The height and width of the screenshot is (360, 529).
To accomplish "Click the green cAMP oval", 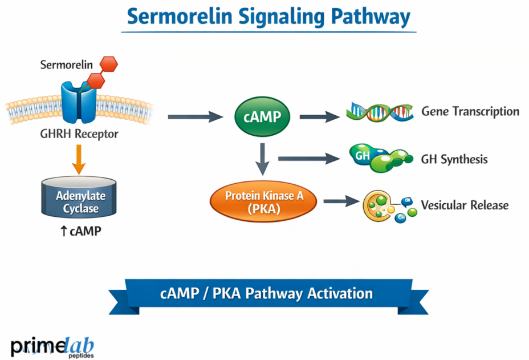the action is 262,118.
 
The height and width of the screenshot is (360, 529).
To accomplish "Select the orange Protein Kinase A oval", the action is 264,201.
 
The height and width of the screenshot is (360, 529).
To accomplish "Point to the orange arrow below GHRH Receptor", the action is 79,159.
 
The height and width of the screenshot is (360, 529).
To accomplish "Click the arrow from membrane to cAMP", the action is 194,117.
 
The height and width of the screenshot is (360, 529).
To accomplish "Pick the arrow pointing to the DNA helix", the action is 319,117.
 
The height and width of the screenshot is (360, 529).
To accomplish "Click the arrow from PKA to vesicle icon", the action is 340,201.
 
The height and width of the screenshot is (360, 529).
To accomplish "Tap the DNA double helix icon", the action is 380,112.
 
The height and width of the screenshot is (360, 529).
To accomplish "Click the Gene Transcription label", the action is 470,111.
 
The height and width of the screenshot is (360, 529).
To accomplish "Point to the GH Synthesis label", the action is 454,159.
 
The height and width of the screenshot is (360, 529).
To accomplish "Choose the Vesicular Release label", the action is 464,205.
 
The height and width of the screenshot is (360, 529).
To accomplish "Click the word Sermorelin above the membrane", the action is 66,64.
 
